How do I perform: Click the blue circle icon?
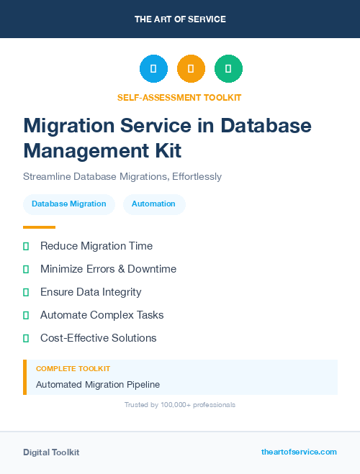click(x=153, y=68)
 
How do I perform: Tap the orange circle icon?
click(x=191, y=68)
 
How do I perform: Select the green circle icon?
click(x=228, y=68)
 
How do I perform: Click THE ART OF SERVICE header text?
click(x=180, y=19)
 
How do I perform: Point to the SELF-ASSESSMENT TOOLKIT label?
click(x=179, y=97)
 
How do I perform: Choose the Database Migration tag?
click(x=68, y=204)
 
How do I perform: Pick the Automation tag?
click(x=153, y=204)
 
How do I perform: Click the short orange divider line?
click(x=39, y=227)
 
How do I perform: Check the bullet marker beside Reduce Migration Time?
click(x=26, y=246)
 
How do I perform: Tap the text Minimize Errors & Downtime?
click(x=108, y=269)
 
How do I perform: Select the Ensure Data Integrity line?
click(x=91, y=292)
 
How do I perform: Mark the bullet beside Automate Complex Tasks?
click(x=26, y=315)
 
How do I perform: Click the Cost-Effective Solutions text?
click(x=98, y=338)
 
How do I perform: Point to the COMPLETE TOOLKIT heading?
click(x=73, y=368)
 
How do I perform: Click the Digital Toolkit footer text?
click(x=51, y=452)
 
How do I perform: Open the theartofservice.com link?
click(x=299, y=452)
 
